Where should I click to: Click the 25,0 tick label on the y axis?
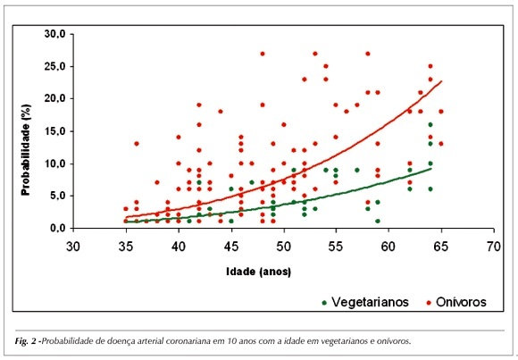pyautogui.click(x=54, y=66)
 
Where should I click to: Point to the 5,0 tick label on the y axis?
pyautogui.click(x=57, y=196)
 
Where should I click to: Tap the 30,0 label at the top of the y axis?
pyautogui.click(x=54, y=34)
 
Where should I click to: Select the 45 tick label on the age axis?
pyautogui.click(x=231, y=247)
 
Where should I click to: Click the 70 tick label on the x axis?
pyautogui.click(x=494, y=247)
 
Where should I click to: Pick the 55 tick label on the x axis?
pyautogui.click(x=336, y=247)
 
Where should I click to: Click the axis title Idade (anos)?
pyautogui.click(x=259, y=272)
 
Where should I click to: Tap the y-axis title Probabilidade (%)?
pyautogui.click(x=26, y=150)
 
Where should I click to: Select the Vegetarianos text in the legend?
pyautogui.click(x=370, y=302)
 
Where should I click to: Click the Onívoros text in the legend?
pyautogui.click(x=461, y=302)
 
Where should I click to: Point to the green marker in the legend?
pyautogui.click(x=324, y=303)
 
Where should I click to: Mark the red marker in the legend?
pyautogui.click(x=429, y=303)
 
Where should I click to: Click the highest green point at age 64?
pyautogui.click(x=430, y=125)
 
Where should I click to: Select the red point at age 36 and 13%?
pyautogui.click(x=137, y=144)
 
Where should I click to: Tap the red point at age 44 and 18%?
pyautogui.click(x=221, y=112)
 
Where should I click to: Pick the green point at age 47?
pyautogui.click(x=252, y=182)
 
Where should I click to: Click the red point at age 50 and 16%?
pyautogui.click(x=283, y=125)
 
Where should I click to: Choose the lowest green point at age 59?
pyautogui.click(x=378, y=221)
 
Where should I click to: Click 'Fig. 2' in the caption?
pyautogui.click(x=26, y=341)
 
